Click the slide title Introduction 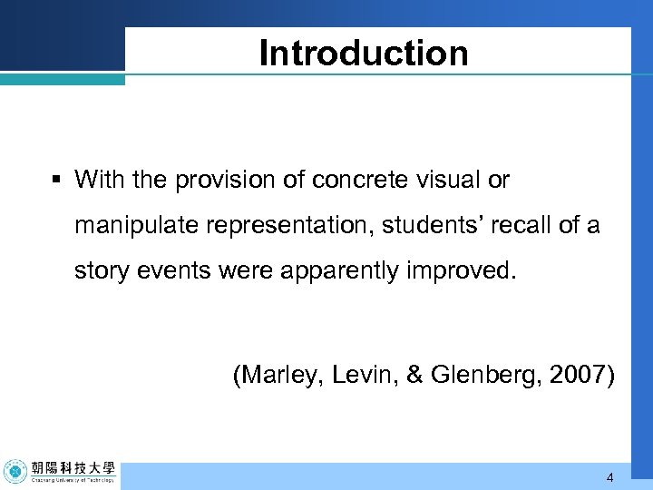click(364, 53)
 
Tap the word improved click(457, 271)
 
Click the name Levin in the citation click(356, 374)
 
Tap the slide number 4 click(609, 477)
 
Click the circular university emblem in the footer click(15, 473)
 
